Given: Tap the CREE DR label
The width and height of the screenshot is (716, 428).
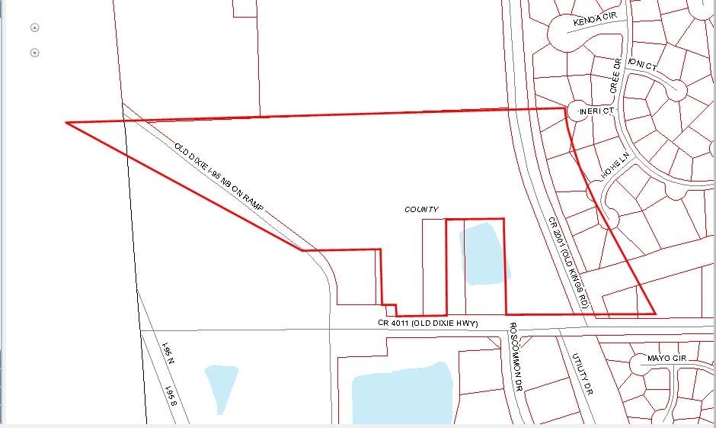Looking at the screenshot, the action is coord(616,76).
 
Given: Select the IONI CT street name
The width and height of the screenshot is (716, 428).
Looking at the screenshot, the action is coord(641,66).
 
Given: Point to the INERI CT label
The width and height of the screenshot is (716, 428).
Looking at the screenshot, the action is coord(596,111).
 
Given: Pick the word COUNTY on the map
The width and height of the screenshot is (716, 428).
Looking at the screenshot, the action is coord(421,209).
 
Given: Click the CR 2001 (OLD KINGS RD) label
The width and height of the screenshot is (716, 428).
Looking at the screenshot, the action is coord(567,262).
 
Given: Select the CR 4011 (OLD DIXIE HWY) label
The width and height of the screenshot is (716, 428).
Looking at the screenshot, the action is coord(427,323).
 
